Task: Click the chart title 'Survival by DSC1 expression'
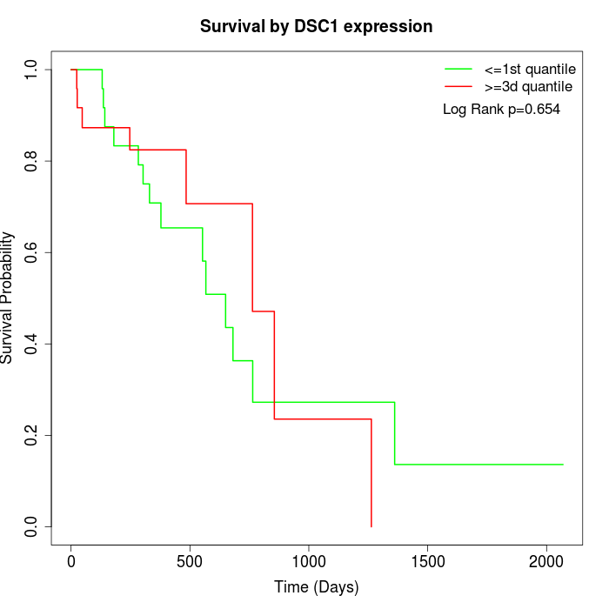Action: click(316, 27)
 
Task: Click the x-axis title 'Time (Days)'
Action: click(316, 587)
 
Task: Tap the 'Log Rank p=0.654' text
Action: click(501, 110)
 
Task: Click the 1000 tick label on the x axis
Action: click(309, 562)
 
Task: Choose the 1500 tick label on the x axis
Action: click(428, 562)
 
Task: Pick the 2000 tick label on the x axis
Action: click(546, 562)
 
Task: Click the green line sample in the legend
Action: click(458, 69)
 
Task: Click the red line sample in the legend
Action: click(458, 87)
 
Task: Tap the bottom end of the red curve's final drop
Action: click(371, 526)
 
